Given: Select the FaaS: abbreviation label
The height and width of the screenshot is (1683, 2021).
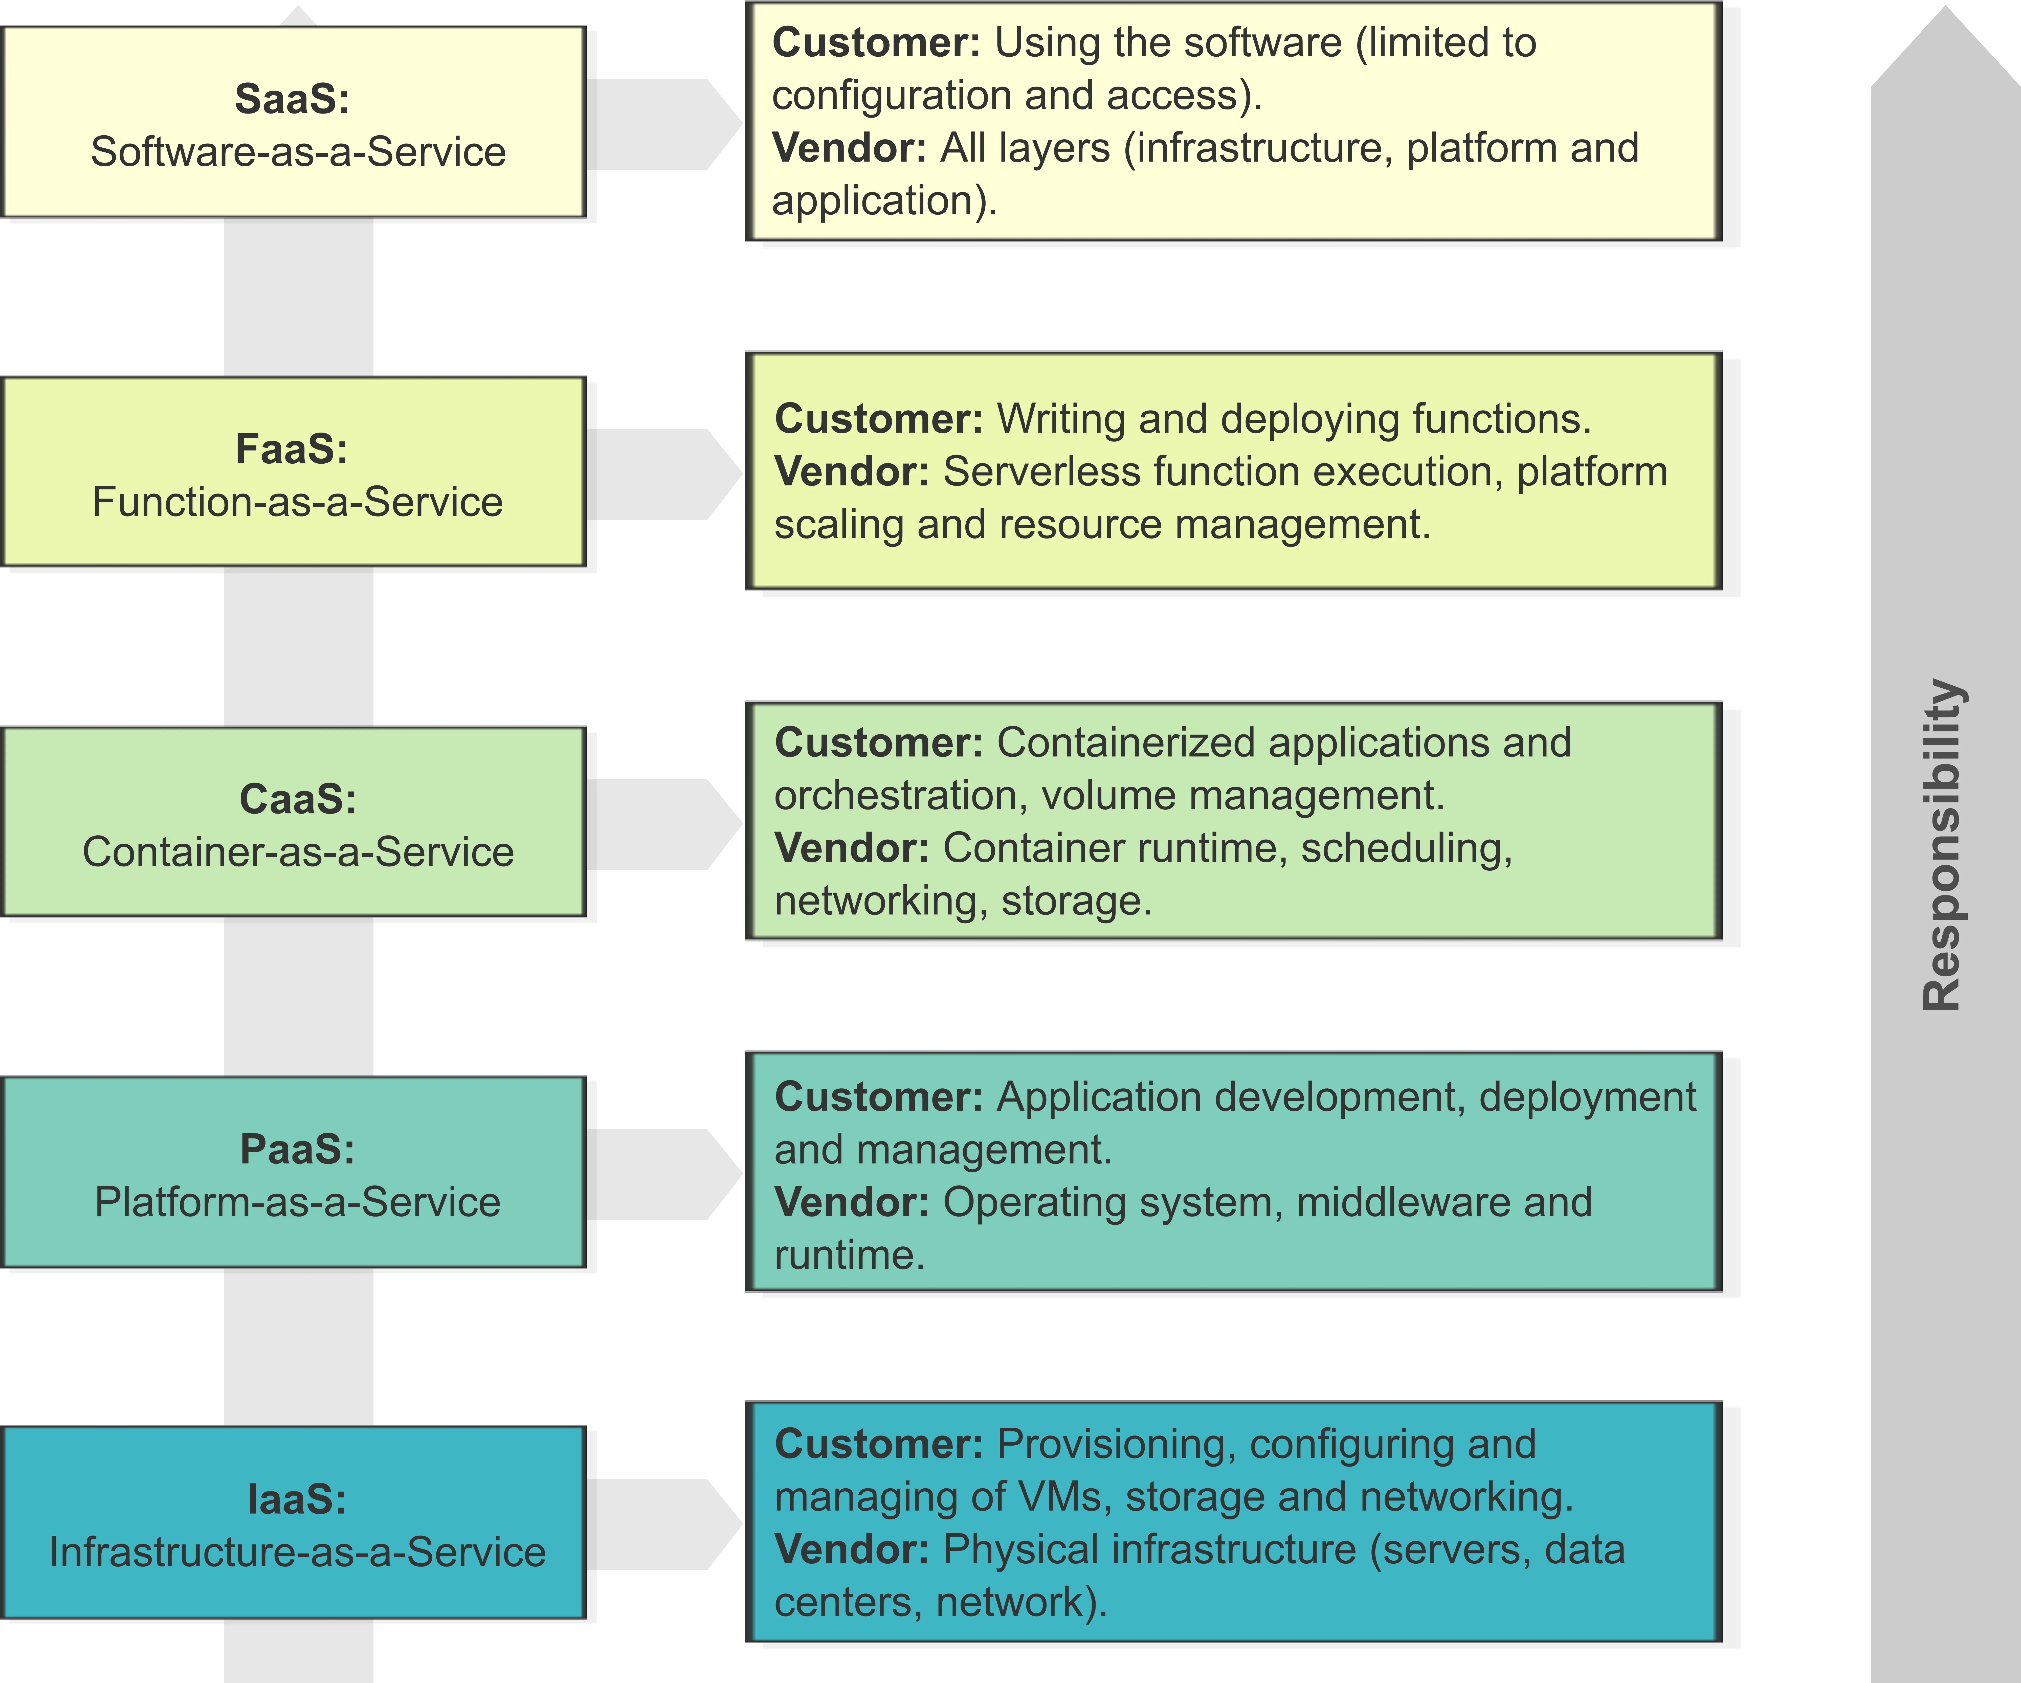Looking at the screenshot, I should coord(292,449).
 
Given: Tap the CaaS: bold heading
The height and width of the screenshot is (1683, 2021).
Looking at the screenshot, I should coord(297,800).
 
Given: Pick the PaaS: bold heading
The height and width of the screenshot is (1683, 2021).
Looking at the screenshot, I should coord(297,1149).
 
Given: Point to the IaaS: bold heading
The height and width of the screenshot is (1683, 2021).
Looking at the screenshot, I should coord(296,1499).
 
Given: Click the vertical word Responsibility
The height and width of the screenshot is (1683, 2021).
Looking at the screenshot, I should coord(1942,845).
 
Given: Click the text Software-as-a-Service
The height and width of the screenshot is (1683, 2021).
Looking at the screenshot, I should coord(298,152).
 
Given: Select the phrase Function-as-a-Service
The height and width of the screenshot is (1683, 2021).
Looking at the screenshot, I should coord(297,502).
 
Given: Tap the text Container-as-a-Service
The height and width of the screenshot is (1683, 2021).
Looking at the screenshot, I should coord(298,852).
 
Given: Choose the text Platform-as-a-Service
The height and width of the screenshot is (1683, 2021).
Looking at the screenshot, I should coord(297,1202).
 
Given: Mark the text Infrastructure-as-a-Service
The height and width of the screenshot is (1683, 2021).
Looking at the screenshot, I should coord(297,1552).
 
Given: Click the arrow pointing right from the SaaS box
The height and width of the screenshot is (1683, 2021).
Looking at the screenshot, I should coord(664,125).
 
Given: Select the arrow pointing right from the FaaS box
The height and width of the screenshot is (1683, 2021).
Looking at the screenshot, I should coord(664,475).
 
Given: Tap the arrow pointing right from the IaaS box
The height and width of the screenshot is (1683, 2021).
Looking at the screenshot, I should coord(664,1525).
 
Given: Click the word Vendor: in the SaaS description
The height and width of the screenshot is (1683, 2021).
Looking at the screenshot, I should coord(849,148).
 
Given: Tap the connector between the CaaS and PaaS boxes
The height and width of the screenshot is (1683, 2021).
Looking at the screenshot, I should coord(298,997).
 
